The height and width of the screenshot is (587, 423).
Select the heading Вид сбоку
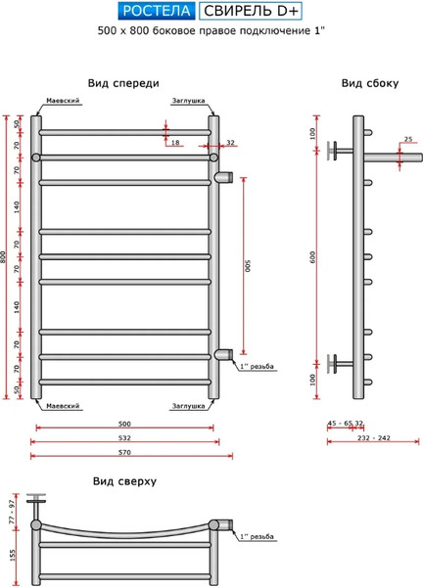click(370, 83)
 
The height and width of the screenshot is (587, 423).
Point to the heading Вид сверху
click(124, 481)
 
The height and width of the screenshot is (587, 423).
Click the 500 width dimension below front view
click(124, 423)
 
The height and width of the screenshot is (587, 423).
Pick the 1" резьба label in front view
click(258, 366)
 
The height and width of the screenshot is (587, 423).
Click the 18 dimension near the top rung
click(175, 144)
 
